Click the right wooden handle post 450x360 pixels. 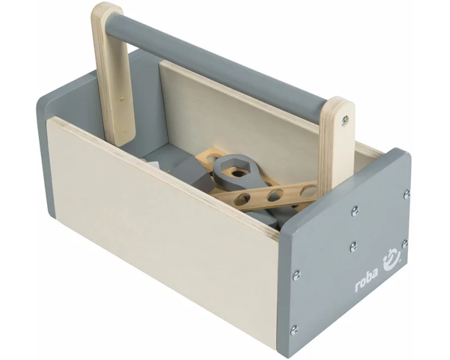pyautogui.click(x=336, y=143)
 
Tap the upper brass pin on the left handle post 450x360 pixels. pyautogui.click(x=122, y=98)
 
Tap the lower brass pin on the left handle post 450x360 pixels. pyautogui.click(x=124, y=132)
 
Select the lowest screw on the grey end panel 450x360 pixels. pyautogui.click(x=294, y=330)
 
